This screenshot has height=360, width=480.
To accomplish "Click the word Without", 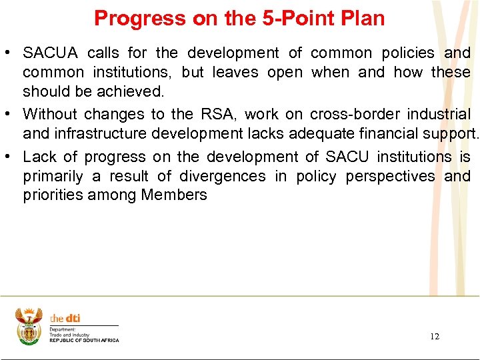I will click(50, 115).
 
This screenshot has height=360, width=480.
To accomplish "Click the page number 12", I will click(435, 336).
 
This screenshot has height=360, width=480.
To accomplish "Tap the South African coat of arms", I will click(29, 326).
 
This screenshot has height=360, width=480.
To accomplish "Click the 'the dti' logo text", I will click(65, 319).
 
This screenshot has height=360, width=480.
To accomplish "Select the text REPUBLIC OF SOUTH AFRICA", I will click(84, 341).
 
